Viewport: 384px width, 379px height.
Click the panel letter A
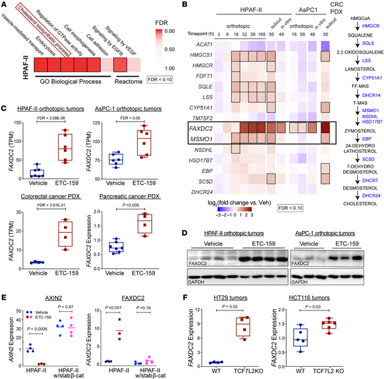6,6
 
